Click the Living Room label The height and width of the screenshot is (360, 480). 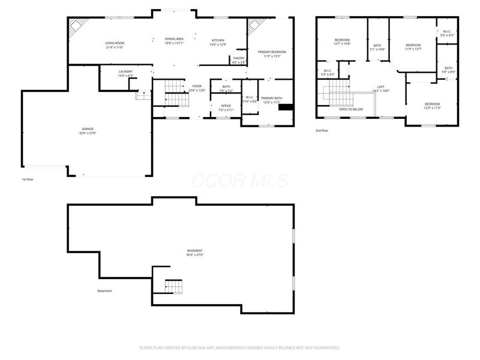coord(115,43)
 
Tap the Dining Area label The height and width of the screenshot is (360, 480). coord(174,39)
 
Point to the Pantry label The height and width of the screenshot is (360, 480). coord(239,58)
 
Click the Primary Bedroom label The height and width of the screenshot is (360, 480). coord(272,52)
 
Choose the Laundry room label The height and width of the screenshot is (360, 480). coord(125,71)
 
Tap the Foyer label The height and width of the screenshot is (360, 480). coord(197,86)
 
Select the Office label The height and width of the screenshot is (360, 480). coord(226,106)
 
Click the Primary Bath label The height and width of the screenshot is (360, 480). coord(271,98)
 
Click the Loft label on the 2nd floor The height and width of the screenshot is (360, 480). coord(381,86)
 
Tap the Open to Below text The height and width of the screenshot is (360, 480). coord(351,109)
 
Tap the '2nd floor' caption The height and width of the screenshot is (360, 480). coord(322,130)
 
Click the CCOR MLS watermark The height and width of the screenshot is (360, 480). coord(240,181)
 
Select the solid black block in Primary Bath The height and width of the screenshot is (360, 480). coord(287,108)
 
